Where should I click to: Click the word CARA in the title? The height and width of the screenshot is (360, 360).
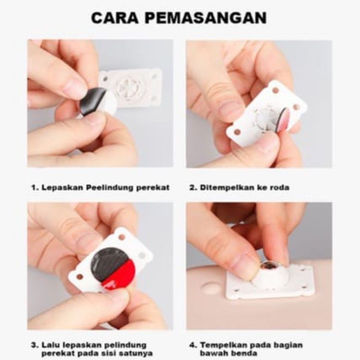115,18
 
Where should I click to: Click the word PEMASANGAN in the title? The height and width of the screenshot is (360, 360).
206,18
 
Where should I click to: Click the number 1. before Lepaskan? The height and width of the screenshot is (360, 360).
35,188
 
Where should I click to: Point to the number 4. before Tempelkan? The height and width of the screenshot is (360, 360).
193,345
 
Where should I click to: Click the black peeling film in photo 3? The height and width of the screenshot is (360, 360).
106,261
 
